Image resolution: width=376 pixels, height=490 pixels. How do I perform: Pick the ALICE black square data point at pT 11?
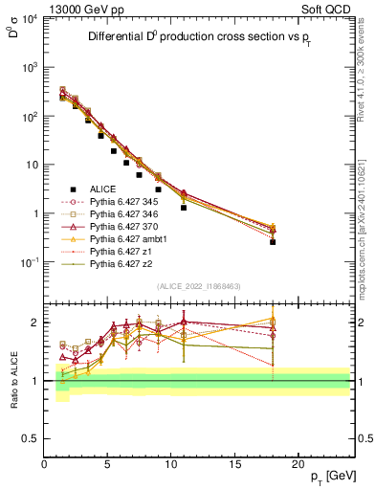point(184,207)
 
